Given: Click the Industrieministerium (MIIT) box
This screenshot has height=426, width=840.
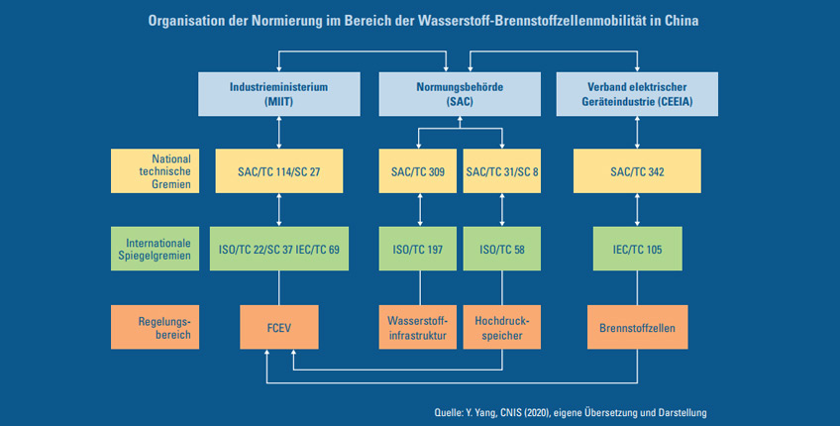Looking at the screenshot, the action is tap(279, 94).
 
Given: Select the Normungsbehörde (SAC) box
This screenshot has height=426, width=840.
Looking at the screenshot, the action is tap(460, 94).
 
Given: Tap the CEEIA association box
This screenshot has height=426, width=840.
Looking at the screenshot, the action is tap(637, 94).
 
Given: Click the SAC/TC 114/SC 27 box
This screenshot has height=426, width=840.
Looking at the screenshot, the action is tap(279, 171).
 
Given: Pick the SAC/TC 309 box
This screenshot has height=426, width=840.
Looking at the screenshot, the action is tap(418, 171).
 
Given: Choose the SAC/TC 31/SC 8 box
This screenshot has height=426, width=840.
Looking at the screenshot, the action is tap(502, 171).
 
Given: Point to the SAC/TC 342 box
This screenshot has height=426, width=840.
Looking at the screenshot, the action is tap(637, 171).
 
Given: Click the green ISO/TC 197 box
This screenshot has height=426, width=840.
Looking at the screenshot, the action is tap(418, 249).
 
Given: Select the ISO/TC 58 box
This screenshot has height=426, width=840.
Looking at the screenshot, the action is tap(502, 249).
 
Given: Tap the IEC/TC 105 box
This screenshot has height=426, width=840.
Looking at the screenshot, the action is tap(638, 249).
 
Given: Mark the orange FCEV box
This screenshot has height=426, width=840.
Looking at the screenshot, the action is tap(279, 327).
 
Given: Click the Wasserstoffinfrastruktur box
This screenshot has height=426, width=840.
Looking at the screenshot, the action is tap(418, 327).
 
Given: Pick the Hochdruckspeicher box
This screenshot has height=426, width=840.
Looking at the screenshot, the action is tap(502, 327).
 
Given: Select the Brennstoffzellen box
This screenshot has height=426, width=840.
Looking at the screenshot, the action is tap(638, 327).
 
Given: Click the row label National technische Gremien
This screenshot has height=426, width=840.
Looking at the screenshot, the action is tap(155, 171).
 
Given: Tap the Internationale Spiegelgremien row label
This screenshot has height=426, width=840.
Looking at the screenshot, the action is tap(155, 249).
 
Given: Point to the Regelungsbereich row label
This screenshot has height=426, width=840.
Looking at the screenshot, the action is tap(155, 327).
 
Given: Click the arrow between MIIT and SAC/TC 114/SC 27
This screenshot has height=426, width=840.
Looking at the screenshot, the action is tap(279, 133).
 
